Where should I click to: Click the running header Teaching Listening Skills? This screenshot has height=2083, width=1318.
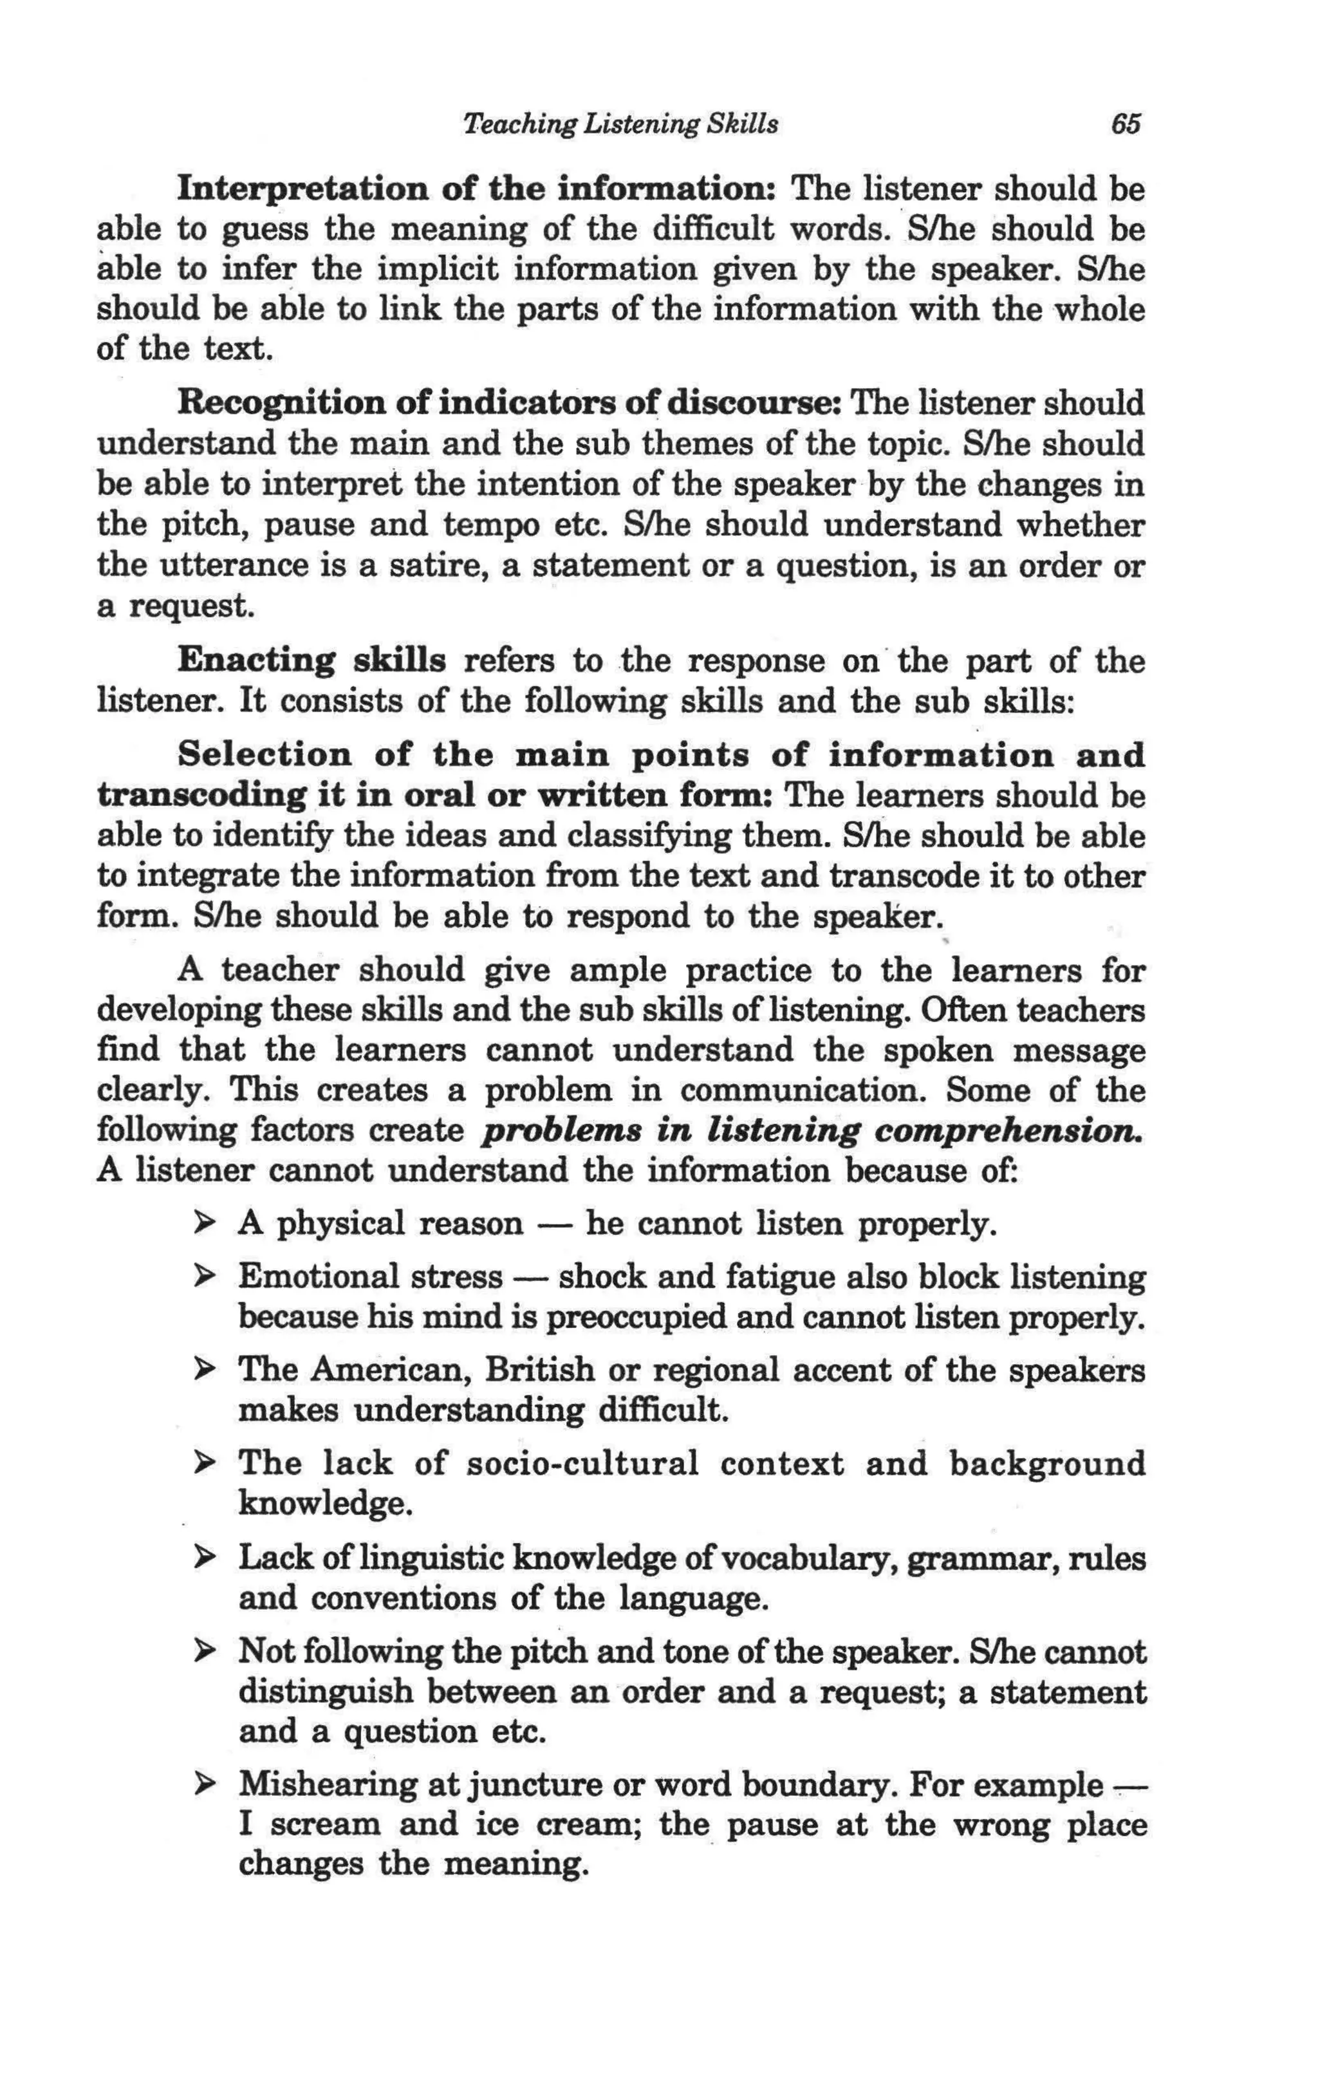(621, 125)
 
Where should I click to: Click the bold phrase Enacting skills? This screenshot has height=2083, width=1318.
(311, 662)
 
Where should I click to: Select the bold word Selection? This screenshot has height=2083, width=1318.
(265, 755)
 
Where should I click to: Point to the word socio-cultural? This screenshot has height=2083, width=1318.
(582, 1464)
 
